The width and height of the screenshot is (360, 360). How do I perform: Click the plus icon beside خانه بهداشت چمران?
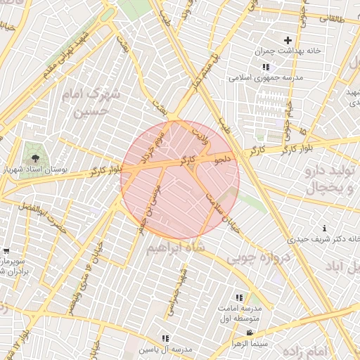point(287,40)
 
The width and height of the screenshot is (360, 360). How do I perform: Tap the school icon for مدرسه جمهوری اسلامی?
point(265,67)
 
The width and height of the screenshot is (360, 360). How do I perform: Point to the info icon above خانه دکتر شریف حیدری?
point(324,229)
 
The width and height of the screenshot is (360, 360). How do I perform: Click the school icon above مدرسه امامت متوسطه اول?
point(239,298)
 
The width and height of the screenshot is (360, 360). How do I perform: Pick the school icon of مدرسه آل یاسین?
point(166,338)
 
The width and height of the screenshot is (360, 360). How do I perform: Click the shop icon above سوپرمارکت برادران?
point(6,251)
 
